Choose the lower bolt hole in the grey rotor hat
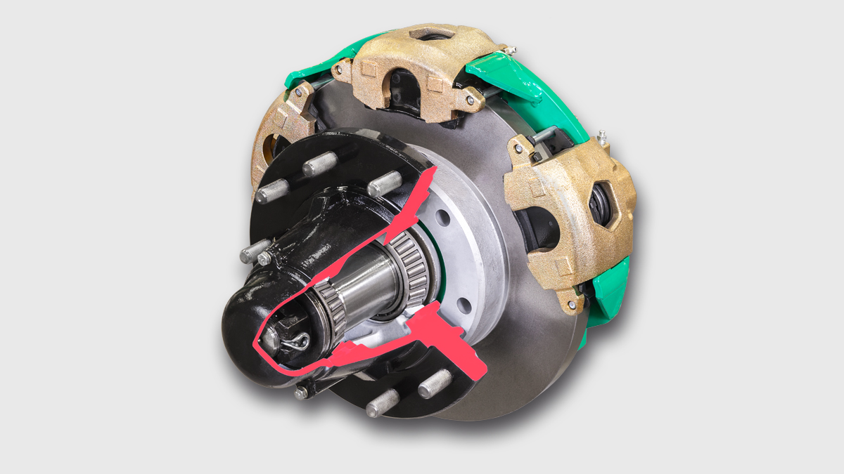coord(463,305)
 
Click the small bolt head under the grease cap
coord(301,393)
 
